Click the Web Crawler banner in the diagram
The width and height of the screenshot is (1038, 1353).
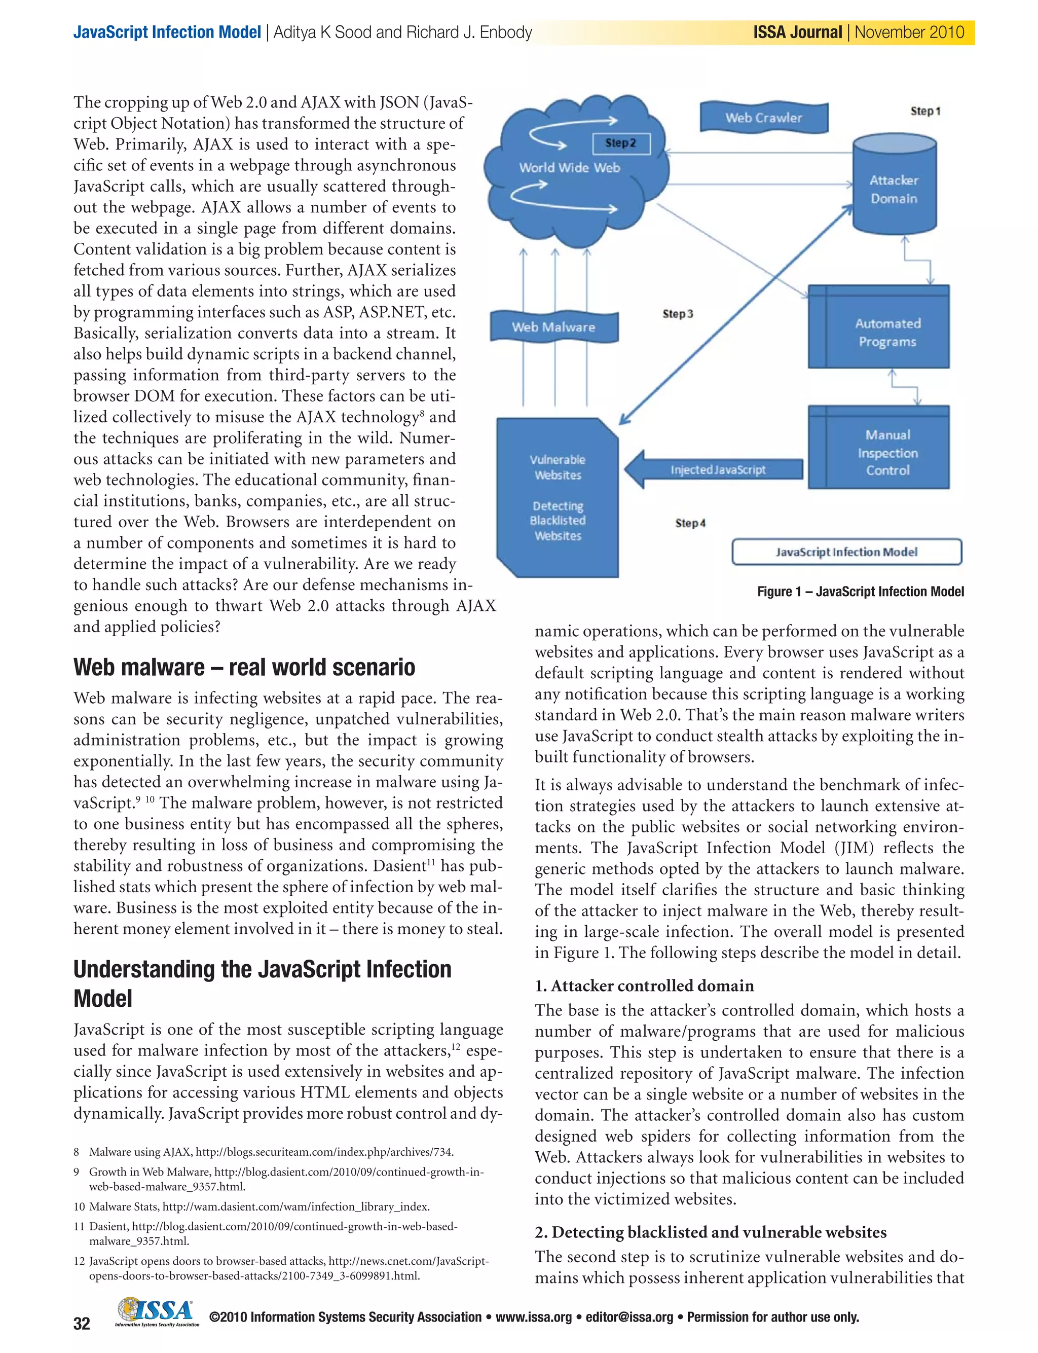coord(764,118)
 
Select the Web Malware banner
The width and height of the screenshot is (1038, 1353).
coord(553,327)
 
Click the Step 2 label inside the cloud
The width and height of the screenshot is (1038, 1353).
coord(620,143)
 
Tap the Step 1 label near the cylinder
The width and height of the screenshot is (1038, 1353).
coord(925,111)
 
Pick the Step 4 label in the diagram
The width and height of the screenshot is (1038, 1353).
coord(690,523)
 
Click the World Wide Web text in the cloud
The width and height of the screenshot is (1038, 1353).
coord(569,167)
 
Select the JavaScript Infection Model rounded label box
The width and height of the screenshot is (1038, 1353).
coord(846,552)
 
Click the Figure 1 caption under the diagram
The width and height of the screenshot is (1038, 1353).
coord(860,591)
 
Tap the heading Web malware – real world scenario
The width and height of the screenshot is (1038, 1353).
coord(244,667)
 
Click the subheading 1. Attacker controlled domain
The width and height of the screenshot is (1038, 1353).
coord(644,985)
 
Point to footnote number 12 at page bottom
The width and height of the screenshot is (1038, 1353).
coord(79,1261)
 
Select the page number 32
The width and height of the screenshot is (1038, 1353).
coord(82,1324)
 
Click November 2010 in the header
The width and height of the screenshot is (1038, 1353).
coord(909,32)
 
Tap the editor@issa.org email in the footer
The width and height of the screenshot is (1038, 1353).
coord(629,1317)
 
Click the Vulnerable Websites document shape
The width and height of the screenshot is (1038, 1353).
coord(558,497)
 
